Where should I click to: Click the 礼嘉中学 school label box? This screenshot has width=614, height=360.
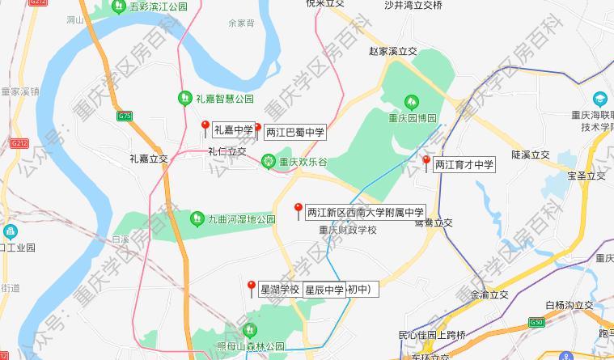coord(233,129)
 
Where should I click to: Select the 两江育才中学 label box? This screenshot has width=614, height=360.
coord(464,164)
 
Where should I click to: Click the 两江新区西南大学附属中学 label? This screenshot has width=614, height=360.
coord(365,212)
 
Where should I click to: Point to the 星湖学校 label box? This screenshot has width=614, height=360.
coord(280,290)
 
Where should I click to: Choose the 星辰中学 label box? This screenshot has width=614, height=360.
coord(324,290)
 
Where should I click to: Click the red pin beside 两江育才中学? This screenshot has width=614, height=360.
coord(426,161)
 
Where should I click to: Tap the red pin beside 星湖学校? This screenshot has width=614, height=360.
coord(252,286)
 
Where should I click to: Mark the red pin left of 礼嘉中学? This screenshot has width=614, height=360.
coord(205,125)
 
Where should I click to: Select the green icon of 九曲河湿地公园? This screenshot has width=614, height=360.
coord(197,218)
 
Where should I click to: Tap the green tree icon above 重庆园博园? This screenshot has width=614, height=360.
coord(412,102)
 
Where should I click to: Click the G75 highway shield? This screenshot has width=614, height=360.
coord(124,116)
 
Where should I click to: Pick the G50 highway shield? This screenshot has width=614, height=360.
coord(536,322)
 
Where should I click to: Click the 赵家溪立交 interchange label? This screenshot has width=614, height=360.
coord(392,51)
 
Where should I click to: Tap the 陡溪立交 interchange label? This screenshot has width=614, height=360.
coord(530,155)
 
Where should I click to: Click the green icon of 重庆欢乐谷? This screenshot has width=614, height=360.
coord(267,162)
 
